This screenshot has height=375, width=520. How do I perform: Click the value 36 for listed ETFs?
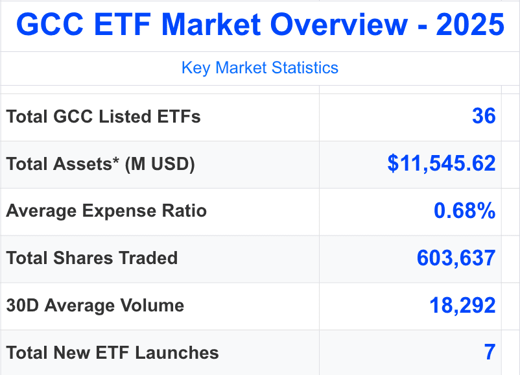[484, 117]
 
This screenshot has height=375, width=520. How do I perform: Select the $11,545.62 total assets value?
[442, 163]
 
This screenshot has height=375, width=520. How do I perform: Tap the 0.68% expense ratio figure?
[464, 211]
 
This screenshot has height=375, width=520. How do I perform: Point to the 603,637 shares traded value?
[456, 258]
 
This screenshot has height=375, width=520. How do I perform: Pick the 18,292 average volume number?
[462, 306]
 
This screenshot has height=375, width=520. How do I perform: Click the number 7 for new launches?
[490, 352]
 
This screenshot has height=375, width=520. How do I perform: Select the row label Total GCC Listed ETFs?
[103, 117]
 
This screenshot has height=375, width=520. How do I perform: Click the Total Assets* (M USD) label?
[100, 164]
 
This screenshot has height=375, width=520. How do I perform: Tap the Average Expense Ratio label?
[106, 211]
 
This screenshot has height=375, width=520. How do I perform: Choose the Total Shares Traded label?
[92, 258]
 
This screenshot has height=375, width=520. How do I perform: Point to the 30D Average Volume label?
[95, 306]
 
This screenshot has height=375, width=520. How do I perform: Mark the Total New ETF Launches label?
[112, 353]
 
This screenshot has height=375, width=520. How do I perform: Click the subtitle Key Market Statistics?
[260, 67]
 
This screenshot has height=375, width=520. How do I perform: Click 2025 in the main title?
[470, 25]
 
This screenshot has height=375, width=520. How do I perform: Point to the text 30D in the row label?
[21, 306]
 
